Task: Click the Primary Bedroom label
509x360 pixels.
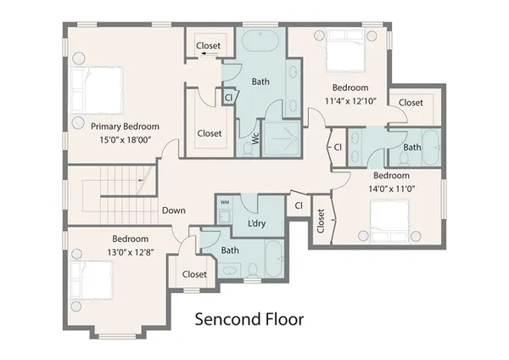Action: pos(126,127)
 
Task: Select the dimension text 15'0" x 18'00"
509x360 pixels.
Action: pos(126,140)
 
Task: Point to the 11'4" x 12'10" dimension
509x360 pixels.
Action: pos(350,101)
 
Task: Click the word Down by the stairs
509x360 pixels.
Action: pos(174,210)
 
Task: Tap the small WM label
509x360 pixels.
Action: pos(225,203)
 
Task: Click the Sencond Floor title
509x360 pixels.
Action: pos(249,320)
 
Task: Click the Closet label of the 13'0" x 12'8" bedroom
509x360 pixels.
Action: pos(194,274)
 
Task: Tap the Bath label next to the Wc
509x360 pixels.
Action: pos(260,82)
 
